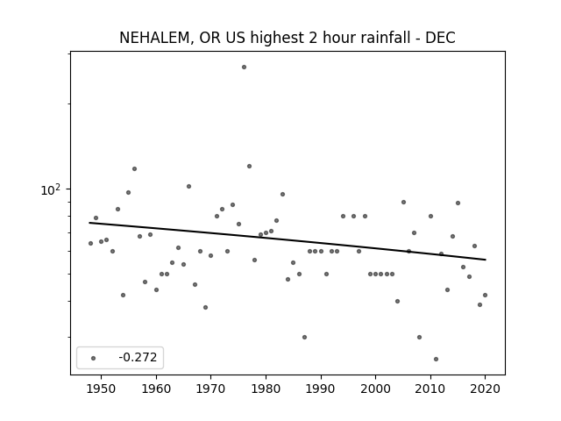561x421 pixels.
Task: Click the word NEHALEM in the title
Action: pyautogui.click(x=153, y=38)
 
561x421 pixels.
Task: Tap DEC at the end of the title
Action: pyautogui.click(x=440, y=38)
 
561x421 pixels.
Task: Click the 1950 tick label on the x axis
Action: pyautogui.click(x=102, y=389)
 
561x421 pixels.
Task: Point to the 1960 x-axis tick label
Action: pyautogui.click(x=156, y=389)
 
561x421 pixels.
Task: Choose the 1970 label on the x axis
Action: pyautogui.click(x=210, y=389)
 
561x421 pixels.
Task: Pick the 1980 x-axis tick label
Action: pyautogui.click(x=266, y=389)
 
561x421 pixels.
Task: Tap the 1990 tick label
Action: pyautogui.click(x=321, y=389)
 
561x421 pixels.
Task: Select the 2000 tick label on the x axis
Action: pyautogui.click(x=375, y=389)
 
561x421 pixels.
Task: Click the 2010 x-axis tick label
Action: pyautogui.click(x=430, y=389)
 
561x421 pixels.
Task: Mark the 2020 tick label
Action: pyautogui.click(x=485, y=389)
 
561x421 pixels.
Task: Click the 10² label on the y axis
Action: pyautogui.click(x=51, y=189)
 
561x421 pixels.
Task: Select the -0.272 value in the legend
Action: pyautogui.click(x=138, y=357)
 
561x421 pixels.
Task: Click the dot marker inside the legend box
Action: pyautogui.click(x=94, y=358)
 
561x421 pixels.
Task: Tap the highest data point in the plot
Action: pyautogui.click(x=244, y=67)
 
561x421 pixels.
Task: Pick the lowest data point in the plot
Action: pyautogui.click(x=436, y=359)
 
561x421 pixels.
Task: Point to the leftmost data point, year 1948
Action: pyautogui.click(x=90, y=244)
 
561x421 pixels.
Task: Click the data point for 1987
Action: pyautogui.click(x=304, y=337)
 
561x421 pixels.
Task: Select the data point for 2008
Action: pyautogui.click(x=419, y=337)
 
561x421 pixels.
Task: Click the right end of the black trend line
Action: pyautogui.click(x=486, y=260)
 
